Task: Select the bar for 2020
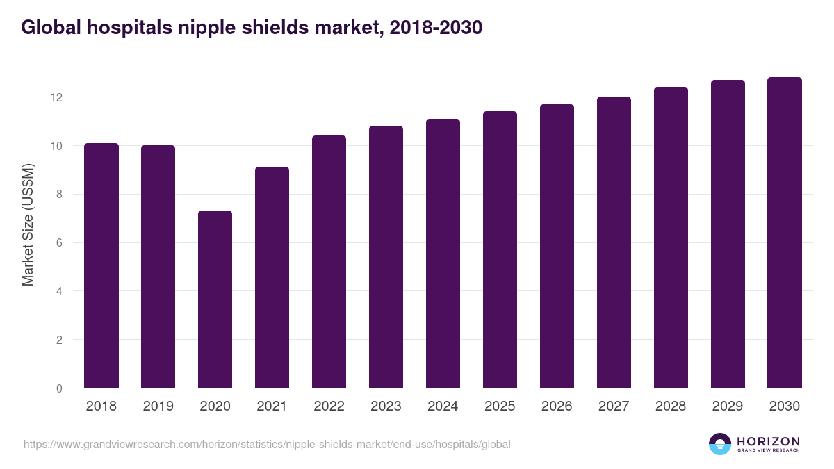point(215,299)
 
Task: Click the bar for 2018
point(101,265)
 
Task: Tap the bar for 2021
point(272,277)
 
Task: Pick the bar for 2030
point(785,233)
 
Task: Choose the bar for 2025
point(500,249)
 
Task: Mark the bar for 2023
point(386,257)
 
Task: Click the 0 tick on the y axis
point(59,388)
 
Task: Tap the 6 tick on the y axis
point(59,243)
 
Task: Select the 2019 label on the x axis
point(158,406)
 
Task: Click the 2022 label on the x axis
point(329,406)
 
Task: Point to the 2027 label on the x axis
point(614,406)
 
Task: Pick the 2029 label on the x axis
point(728,406)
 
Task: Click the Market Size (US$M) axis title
point(28,224)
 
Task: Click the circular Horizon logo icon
point(720,444)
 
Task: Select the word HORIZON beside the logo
point(768,441)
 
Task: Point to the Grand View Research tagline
point(768,451)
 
